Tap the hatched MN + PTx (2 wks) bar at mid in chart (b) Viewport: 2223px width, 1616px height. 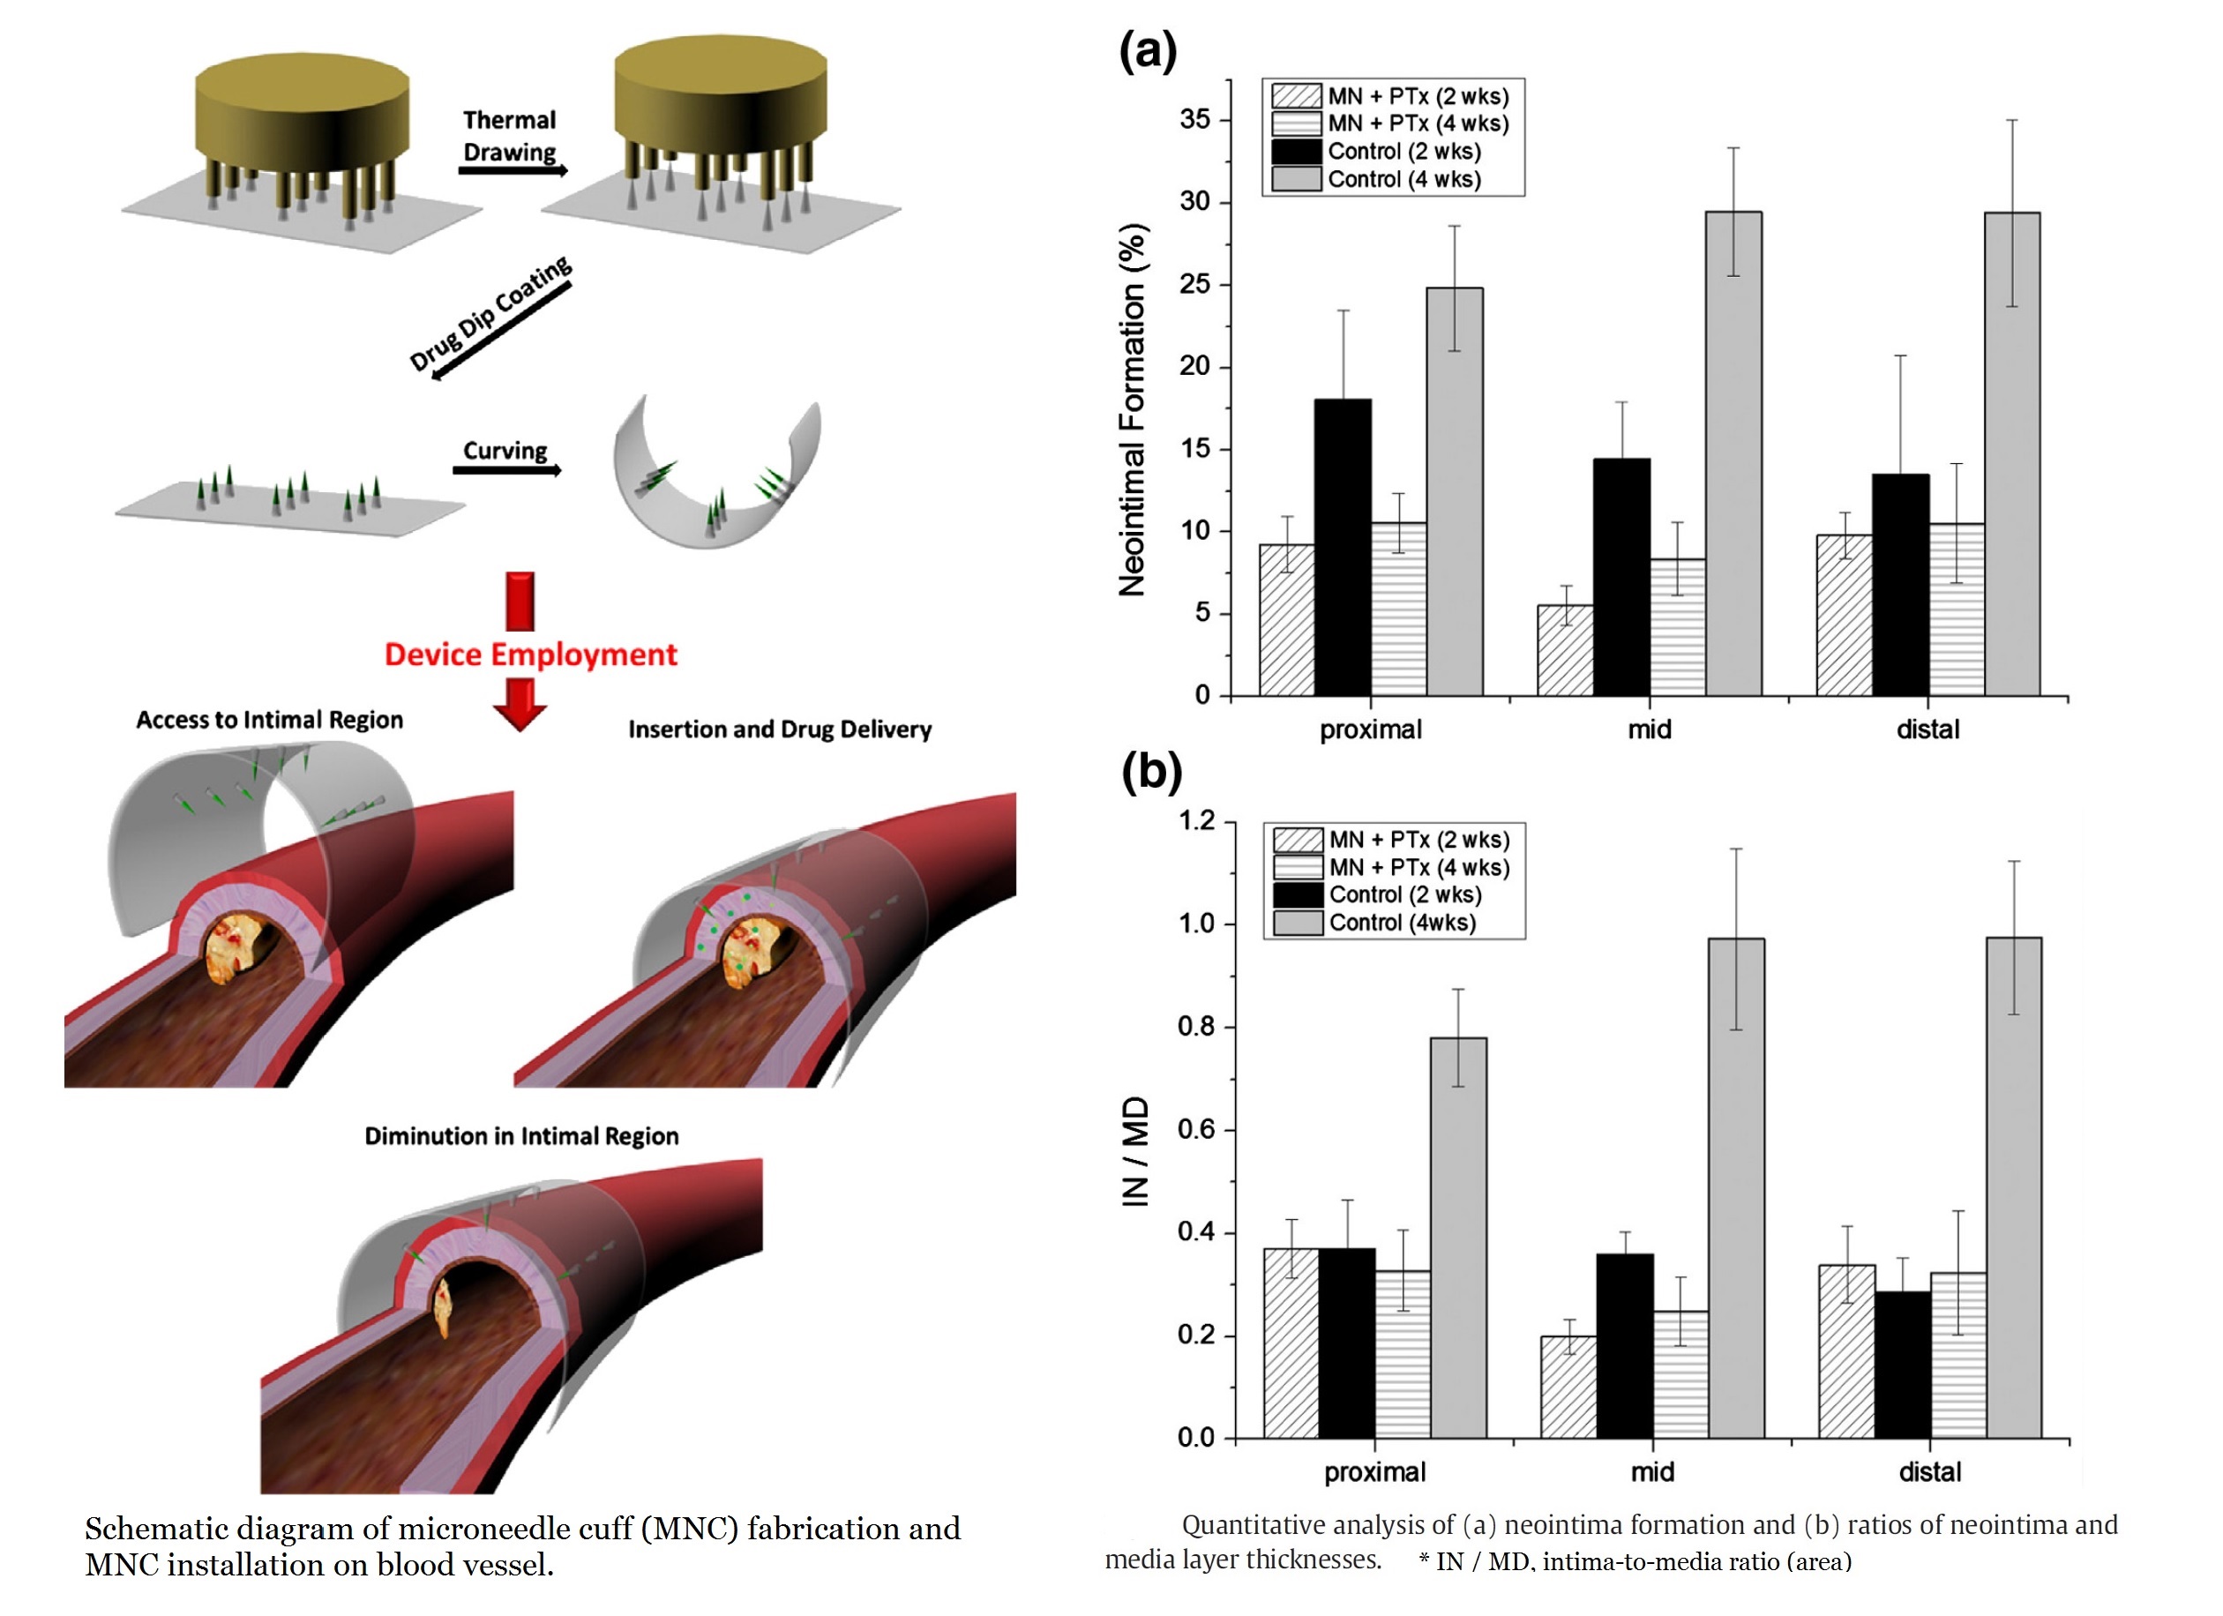(1568, 1387)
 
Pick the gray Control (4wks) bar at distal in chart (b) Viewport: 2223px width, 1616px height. (2014, 1188)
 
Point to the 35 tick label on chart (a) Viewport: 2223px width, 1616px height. (1194, 120)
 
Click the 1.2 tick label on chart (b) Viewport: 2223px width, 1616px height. (1196, 820)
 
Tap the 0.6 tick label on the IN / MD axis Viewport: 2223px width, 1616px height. (1196, 1130)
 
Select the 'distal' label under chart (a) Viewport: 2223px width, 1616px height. (1928, 729)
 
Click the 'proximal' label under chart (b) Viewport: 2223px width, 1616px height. (1374, 1473)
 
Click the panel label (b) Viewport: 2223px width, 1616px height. (1152, 772)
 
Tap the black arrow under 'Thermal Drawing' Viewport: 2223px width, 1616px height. (513, 170)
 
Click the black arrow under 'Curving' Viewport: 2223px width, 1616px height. (506, 470)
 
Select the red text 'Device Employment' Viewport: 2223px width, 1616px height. (530, 655)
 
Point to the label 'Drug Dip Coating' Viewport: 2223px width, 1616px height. (490, 314)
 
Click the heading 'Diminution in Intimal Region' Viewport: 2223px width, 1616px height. (521, 1136)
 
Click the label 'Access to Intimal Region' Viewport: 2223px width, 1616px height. (270, 721)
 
